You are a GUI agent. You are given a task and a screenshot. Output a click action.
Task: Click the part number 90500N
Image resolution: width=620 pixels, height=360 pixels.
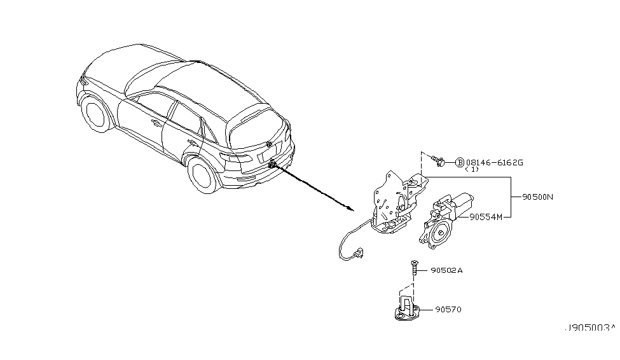(x=538, y=197)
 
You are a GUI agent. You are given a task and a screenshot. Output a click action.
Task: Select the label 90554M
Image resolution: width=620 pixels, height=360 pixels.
(x=486, y=217)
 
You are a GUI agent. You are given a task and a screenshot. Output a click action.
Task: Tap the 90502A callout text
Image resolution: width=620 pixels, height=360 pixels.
(x=446, y=270)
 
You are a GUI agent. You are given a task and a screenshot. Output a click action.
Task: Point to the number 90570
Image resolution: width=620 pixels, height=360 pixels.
(x=448, y=310)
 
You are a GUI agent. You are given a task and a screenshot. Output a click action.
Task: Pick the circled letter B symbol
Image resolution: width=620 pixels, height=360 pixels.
(x=460, y=162)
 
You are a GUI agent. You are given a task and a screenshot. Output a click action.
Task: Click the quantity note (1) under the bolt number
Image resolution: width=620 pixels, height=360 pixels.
(x=472, y=170)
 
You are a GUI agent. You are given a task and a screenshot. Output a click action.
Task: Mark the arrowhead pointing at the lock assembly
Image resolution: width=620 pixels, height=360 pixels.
(x=348, y=208)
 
